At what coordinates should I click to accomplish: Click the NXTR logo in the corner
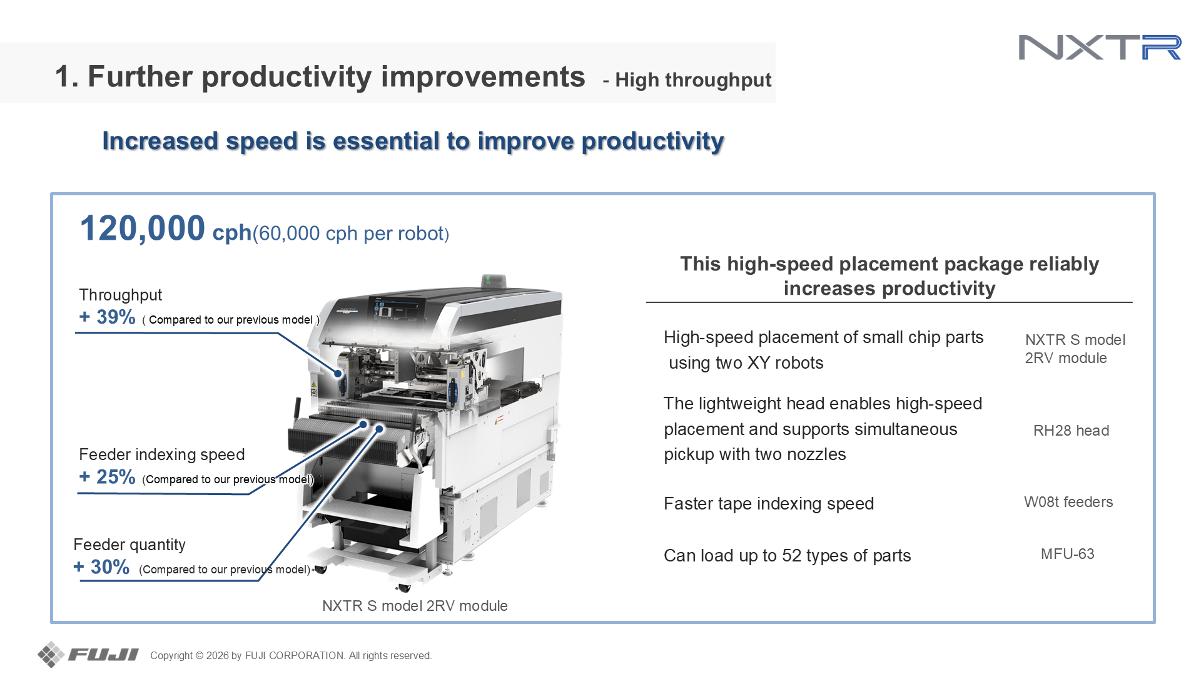(1100, 48)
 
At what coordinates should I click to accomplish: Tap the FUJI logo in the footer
(88, 655)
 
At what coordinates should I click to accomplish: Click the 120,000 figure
(143, 228)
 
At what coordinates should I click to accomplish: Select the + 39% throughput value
(108, 317)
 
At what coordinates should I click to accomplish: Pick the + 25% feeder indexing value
(108, 477)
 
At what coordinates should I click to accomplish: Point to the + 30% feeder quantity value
(102, 567)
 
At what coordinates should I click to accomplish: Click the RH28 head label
(1071, 431)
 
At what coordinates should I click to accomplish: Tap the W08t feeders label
(1068, 502)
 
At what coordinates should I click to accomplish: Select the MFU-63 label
(1067, 554)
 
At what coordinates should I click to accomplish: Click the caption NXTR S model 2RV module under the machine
(415, 606)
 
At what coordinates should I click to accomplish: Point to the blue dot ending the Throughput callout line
(338, 374)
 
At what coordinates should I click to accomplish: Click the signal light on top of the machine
(494, 280)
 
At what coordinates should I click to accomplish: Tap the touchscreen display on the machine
(398, 310)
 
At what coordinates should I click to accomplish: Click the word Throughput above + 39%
(121, 295)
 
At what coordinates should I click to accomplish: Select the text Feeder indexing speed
(162, 455)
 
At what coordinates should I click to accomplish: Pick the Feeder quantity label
(129, 545)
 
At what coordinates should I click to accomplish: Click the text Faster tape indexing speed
(769, 504)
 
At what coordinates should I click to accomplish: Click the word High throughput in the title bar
(693, 80)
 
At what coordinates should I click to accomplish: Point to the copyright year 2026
(217, 655)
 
